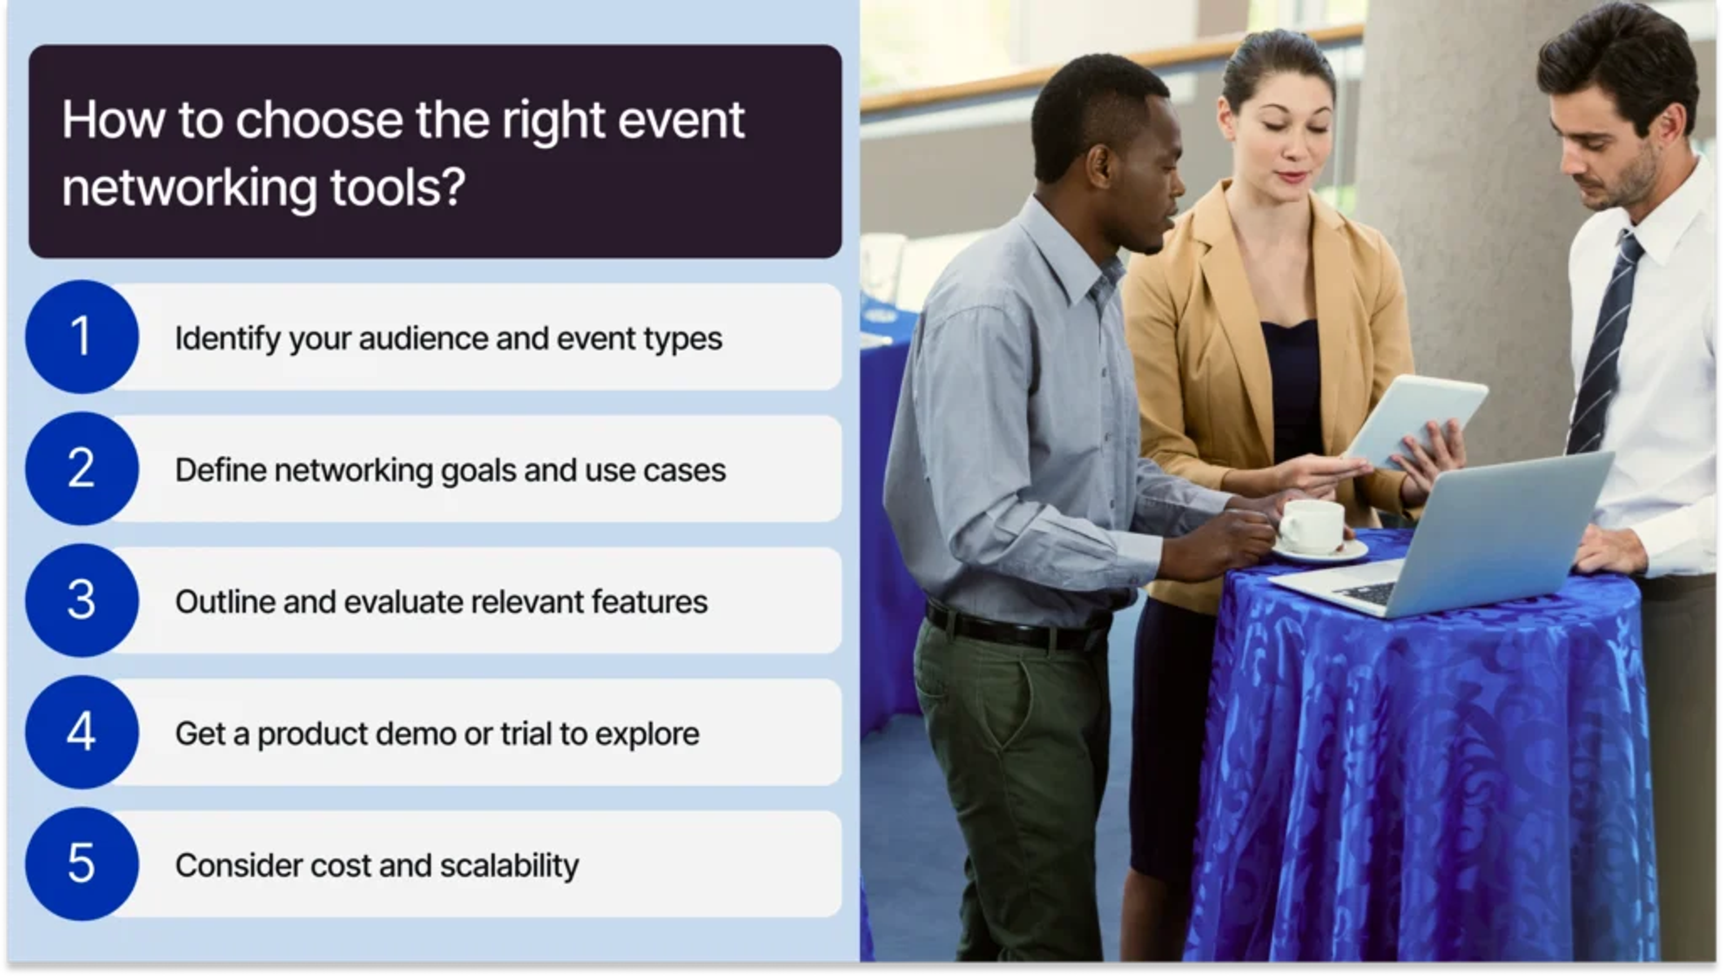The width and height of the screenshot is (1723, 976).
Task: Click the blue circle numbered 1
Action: [x=82, y=337]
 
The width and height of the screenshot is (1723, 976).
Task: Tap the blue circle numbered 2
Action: [x=82, y=468]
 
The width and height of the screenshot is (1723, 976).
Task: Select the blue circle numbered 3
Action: [x=82, y=600]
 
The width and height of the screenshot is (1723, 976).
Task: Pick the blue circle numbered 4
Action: [x=82, y=732]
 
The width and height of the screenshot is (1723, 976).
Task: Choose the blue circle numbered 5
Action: [x=82, y=863]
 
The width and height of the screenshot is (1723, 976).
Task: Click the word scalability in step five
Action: [x=509, y=866]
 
